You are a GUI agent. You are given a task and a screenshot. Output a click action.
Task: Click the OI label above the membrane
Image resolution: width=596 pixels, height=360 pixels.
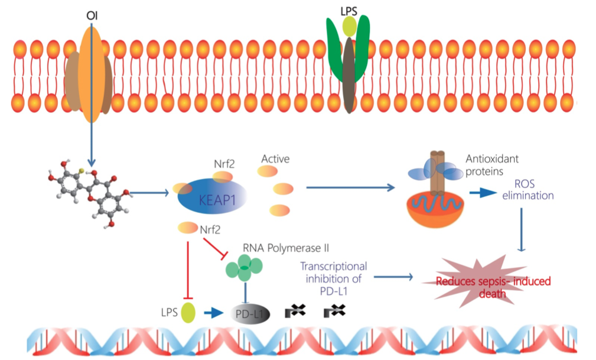(92, 10)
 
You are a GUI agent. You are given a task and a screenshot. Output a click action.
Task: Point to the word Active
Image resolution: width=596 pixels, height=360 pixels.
(275, 159)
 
